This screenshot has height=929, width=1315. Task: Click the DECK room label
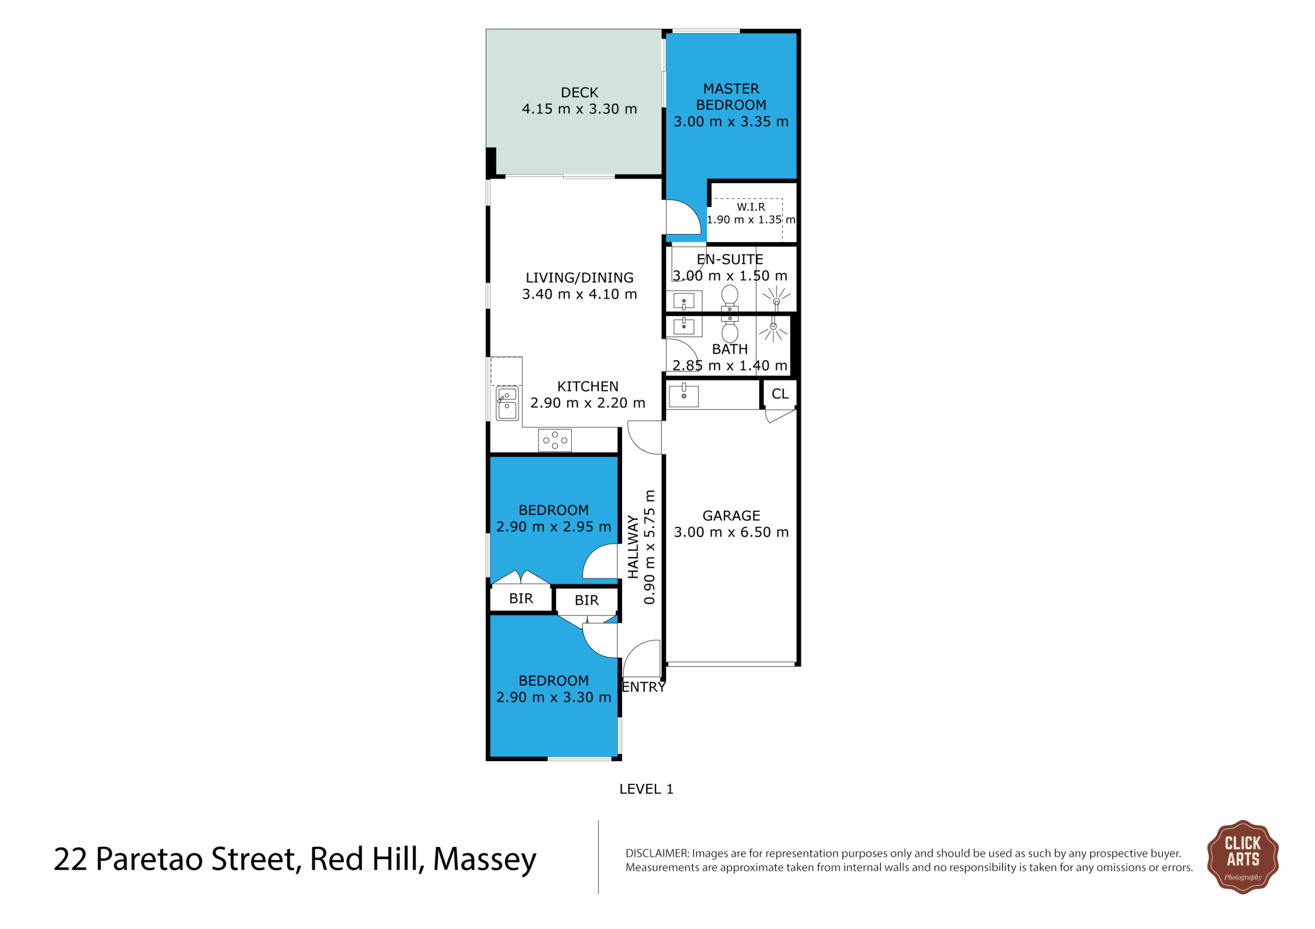pos(579,93)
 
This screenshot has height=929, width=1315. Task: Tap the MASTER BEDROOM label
pos(731,96)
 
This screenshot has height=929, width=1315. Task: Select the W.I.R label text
pos(751,207)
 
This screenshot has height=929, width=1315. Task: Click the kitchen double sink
pos(507,403)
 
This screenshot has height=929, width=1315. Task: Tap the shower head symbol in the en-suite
pos(776,299)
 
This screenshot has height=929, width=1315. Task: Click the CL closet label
pos(780,394)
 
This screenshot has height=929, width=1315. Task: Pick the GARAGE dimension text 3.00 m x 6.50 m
pos(731,532)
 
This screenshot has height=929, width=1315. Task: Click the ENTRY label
pos(643,687)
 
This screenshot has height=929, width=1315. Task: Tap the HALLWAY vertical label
pos(633,547)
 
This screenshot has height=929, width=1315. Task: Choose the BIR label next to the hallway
pos(587,601)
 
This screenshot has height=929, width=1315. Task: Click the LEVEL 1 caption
pos(646,789)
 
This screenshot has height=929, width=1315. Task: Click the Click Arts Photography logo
pos(1242,857)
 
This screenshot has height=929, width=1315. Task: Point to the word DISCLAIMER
pos(656,854)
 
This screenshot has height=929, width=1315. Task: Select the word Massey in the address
pos(484,860)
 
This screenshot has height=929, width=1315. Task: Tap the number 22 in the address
pos(70,859)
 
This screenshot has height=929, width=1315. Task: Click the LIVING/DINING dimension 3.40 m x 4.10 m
pos(579,294)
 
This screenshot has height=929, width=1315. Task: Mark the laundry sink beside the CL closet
pos(683,396)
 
